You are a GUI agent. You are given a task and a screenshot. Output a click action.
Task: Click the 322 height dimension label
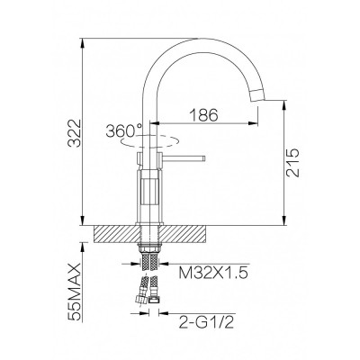74,133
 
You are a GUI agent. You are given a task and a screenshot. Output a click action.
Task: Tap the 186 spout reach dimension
204,115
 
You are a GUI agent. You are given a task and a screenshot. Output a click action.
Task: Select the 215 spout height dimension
292,162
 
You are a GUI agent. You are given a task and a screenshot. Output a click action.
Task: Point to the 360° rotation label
124,131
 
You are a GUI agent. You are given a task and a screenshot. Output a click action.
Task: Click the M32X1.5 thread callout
213,273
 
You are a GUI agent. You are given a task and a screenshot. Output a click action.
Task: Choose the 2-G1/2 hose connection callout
205,323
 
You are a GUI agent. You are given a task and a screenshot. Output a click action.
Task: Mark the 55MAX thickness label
75,292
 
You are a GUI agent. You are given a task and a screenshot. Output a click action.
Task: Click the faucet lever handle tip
204,158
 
